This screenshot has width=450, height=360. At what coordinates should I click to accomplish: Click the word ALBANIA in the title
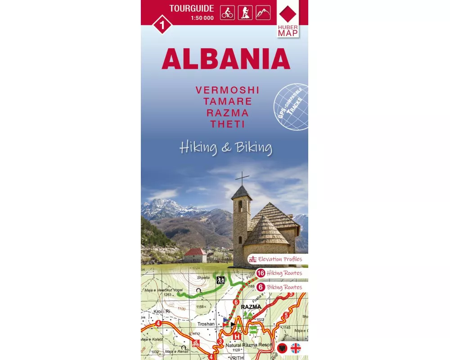(225, 58)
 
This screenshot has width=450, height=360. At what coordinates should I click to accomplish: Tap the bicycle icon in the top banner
(227, 13)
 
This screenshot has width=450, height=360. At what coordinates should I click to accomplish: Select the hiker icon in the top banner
(245, 13)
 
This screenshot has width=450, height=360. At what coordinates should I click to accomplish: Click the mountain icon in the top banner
(263, 13)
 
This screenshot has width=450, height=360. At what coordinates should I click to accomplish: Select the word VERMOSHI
(227, 90)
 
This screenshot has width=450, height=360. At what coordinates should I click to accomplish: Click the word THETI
(227, 124)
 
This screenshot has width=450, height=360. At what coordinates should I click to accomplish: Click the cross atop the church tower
(242, 178)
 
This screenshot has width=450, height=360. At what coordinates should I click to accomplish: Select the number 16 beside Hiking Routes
(261, 273)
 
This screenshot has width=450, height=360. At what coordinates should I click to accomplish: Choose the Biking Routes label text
(284, 287)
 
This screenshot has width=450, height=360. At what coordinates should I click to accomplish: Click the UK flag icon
(296, 348)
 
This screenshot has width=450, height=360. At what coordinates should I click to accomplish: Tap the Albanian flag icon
(283, 348)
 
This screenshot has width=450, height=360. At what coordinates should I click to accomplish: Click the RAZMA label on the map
(251, 307)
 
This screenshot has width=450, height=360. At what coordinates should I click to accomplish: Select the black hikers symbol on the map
(220, 280)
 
